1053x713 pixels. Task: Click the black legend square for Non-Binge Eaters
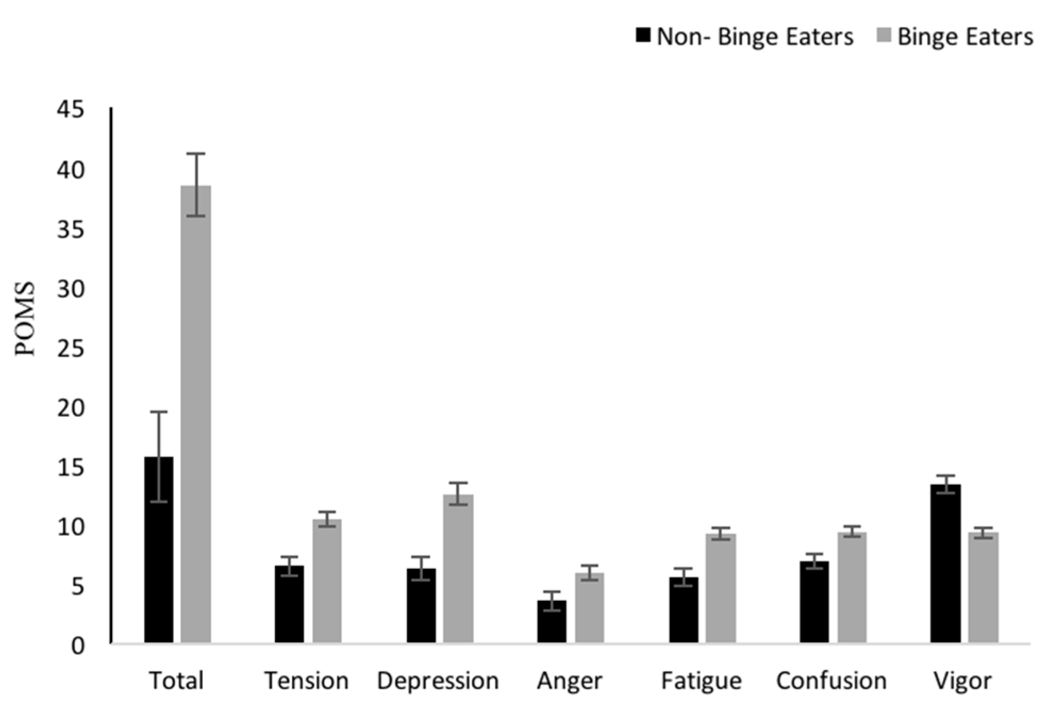tap(643, 36)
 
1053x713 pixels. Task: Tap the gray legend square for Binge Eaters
tap(883, 36)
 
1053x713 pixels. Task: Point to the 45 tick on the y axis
tap(71, 110)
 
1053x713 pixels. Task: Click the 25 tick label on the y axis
tap(71, 349)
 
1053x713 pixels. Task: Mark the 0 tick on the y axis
tap(78, 646)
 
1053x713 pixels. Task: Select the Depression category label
tap(438, 681)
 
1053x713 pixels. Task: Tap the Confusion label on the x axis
tap(831, 681)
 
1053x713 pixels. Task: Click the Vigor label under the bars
tap(963, 681)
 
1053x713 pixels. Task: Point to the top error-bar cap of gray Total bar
tap(196, 154)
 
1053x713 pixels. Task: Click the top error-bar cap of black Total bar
tap(158, 412)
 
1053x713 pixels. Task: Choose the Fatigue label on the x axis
tap(701, 681)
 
